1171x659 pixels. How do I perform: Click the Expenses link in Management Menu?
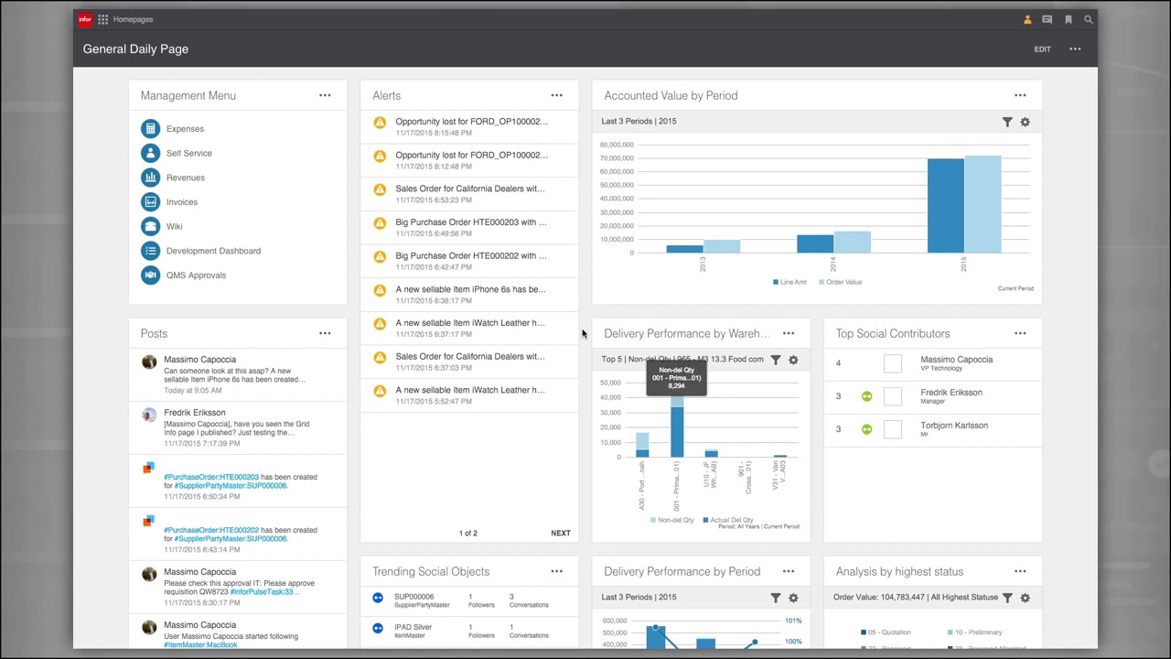coord(185,129)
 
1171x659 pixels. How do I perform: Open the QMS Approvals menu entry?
coord(196,275)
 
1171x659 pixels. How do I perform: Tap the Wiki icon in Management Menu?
coord(150,226)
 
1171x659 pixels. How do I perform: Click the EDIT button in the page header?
coord(1042,49)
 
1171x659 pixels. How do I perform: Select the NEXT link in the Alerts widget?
coord(560,533)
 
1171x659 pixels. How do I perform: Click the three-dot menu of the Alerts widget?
coord(556,95)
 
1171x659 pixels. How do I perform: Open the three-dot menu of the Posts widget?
coord(325,333)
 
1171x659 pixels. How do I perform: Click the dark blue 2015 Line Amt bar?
coord(945,206)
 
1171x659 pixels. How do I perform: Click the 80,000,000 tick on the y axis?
coord(617,145)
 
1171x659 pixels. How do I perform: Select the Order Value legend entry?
coord(843,282)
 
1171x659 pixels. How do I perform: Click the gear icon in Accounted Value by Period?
coord(1025,122)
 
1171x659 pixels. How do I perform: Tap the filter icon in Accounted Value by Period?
coord(1007,122)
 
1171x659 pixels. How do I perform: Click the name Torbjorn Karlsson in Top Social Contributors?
coord(953,426)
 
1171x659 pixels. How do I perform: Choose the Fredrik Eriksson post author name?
coord(194,413)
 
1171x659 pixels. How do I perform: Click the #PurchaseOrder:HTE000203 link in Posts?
coord(211,477)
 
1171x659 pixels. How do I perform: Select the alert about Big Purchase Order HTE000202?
coord(470,256)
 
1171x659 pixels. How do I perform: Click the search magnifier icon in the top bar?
coord(1089,19)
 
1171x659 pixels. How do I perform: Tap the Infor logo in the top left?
coord(85,19)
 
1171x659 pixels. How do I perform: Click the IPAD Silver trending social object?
coord(413,627)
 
